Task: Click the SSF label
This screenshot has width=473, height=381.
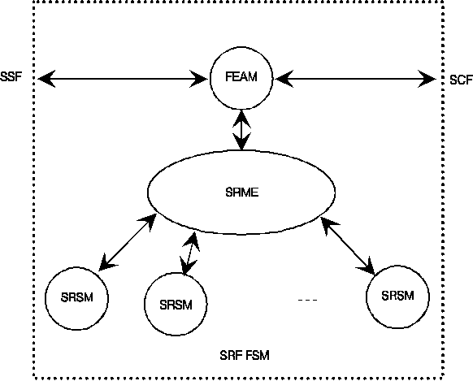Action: (x=11, y=77)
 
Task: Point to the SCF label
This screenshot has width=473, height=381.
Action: (x=461, y=80)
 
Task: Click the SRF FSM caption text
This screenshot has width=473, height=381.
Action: (x=245, y=355)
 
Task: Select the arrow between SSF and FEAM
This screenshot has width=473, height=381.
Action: (x=123, y=79)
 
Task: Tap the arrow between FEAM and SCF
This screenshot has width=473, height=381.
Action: (x=355, y=79)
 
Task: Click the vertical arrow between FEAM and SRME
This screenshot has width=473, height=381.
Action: (x=241, y=130)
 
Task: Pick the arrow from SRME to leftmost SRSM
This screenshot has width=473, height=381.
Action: (x=128, y=242)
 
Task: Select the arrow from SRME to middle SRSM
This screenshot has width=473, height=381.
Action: (x=189, y=253)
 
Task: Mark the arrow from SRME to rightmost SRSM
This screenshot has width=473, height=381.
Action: (x=348, y=245)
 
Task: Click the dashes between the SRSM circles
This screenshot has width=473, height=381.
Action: (x=308, y=301)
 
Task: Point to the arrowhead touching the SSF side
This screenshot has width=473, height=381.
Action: (x=46, y=79)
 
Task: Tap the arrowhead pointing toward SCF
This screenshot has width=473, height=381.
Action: (x=427, y=79)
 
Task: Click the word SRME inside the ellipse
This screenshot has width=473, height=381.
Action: (x=242, y=193)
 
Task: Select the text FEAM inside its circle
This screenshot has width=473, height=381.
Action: (x=241, y=76)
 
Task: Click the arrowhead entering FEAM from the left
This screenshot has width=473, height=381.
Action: (x=199, y=79)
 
